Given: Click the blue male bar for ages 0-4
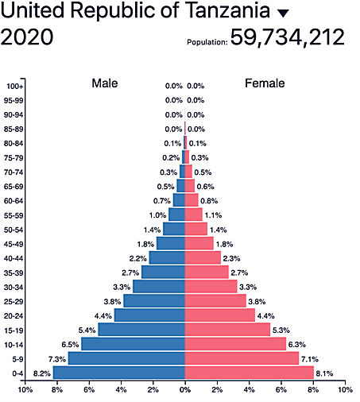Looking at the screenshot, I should pos(119,373).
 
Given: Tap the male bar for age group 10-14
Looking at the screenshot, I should pos(133,344).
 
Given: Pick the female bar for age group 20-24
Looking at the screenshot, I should pos(220,315).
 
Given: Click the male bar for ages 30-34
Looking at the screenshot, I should pos(159,287).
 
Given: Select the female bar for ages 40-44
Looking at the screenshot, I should pos(203,258).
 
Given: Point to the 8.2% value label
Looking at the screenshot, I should pos(41,373).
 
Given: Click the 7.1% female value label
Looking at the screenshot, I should pos(310,359).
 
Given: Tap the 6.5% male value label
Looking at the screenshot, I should pos(69,345).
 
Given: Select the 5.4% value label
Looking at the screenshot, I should pos(86,330).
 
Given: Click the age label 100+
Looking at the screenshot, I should pos(14,86).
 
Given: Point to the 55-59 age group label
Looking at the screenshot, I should pos(14,215).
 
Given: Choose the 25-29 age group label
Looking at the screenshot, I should pos(14,302).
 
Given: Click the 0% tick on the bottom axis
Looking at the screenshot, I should pos(185,390).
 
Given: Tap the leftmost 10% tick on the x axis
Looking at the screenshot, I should pos(25,390).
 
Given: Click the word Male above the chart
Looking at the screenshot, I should pos(105,83).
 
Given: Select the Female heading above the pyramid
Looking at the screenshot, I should pos(265,83).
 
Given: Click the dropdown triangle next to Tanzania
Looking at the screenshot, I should pos(283,14).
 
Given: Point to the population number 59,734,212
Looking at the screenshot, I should pos(287,37).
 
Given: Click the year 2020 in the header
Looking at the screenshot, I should pos(28,37).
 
